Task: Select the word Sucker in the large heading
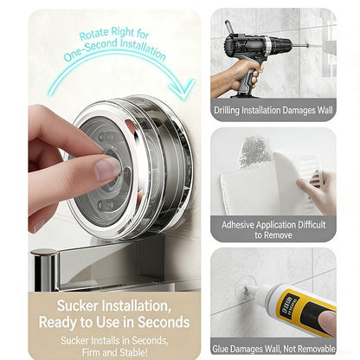click(77, 305)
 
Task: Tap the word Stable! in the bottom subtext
click(133, 352)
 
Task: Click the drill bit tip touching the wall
click(308, 45)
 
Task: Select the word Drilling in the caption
click(227, 111)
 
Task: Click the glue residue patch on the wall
click(254, 151)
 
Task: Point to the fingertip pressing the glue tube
click(327, 319)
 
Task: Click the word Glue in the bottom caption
click(220, 349)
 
